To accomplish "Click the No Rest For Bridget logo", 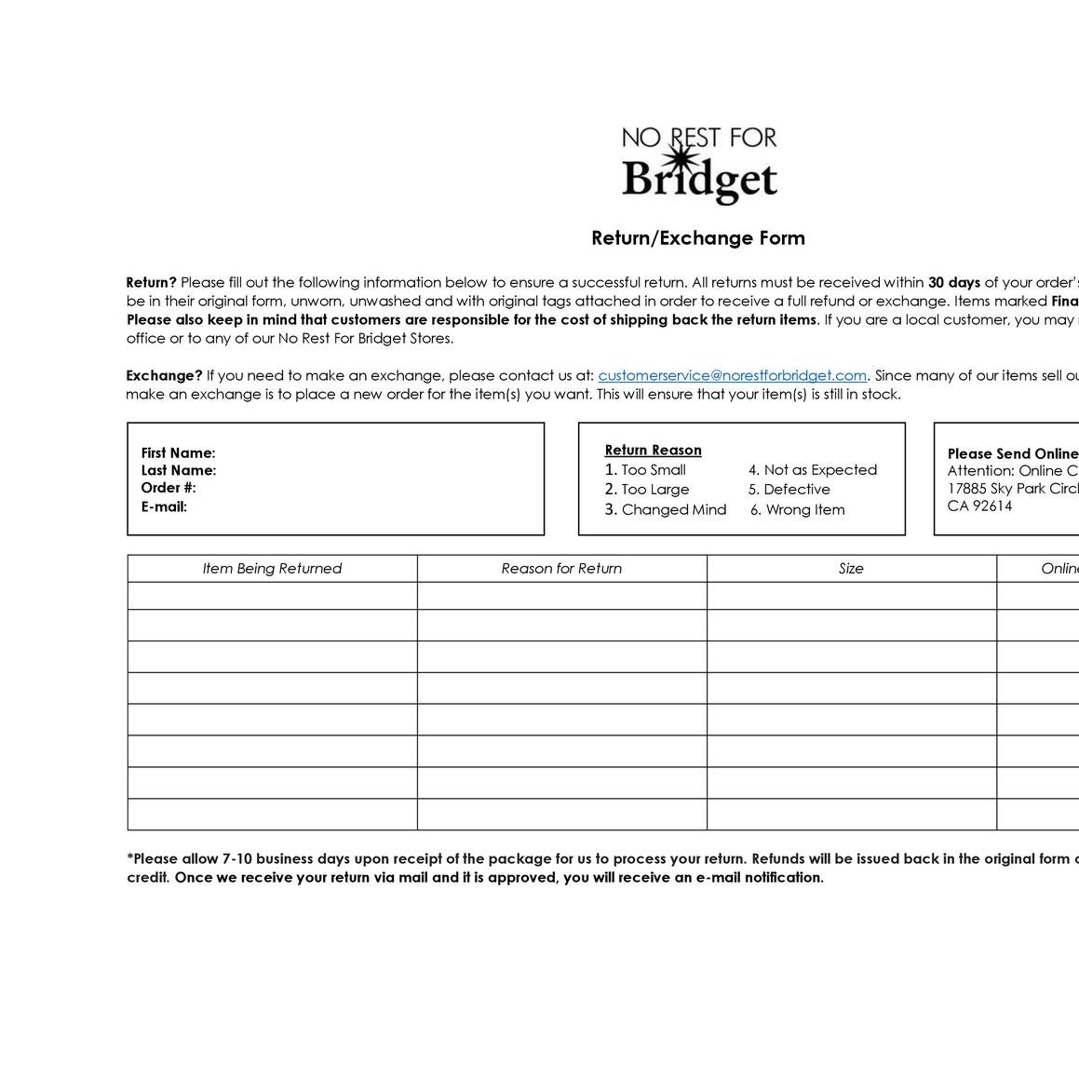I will pos(699,165).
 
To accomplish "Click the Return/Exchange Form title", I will pos(698,238).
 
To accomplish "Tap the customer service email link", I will pos(732,375).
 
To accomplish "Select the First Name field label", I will pos(178,453).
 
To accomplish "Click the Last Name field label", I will pos(179,470).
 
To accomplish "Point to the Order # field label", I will pos(169,488).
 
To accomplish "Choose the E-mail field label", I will pos(164,506).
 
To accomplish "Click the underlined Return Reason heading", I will pos(653,451).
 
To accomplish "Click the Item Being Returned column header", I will pos(272,569).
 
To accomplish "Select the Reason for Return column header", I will pos(561,569).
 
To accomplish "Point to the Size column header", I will pos(851,569).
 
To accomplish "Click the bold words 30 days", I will pos(954,282).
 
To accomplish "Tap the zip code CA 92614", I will pos(979,506).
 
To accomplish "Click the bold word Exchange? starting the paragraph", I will pos(164,375).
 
